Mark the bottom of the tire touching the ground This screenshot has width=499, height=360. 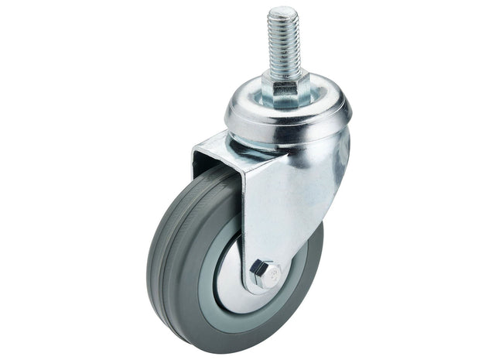(232, 340)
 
